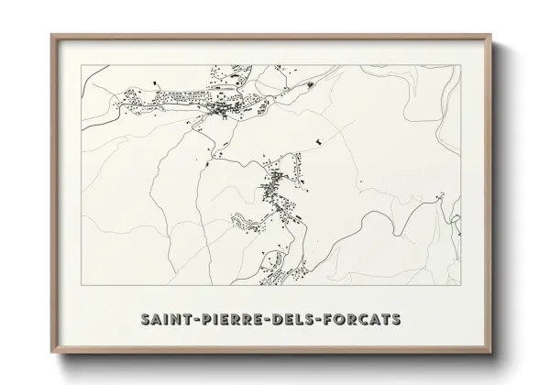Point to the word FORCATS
click(366, 319)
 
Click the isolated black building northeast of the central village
click(319, 140)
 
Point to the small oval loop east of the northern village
click(309, 85)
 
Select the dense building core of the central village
click(271, 190)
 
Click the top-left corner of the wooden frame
click(52, 36)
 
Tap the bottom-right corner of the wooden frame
click(490, 352)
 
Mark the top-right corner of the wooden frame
click(490, 36)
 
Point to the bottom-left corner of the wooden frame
click(52, 352)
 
